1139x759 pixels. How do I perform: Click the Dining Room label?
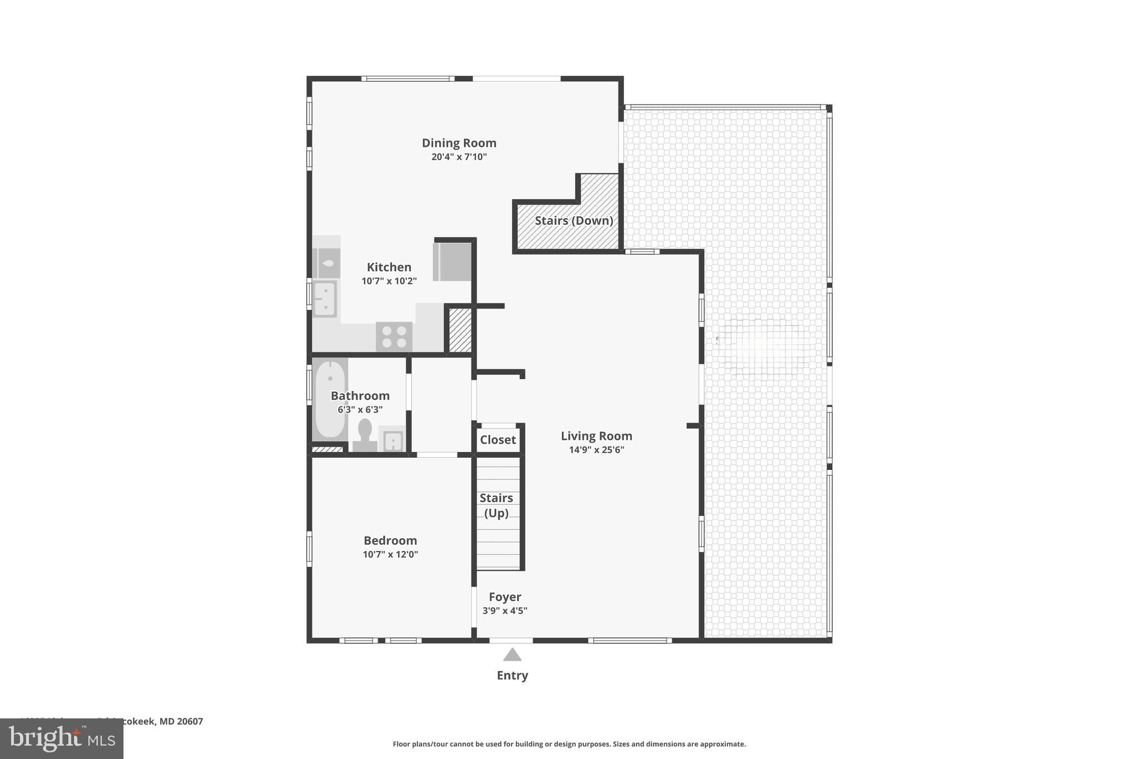click(x=459, y=143)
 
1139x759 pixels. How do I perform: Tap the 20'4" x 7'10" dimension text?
click(x=459, y=157)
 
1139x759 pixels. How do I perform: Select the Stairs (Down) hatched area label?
click(x=573, y=221)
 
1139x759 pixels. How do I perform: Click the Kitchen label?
click(x=389, y=267)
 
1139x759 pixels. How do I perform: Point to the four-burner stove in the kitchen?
click(x=394, y=336)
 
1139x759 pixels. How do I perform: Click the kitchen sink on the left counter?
click(x=324, y=299)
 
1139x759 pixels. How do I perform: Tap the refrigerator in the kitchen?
click(x=452, y=261)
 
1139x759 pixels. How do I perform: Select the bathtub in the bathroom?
click(x=330, y=399)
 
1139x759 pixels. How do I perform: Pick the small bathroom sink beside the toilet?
click(x=392, y=441)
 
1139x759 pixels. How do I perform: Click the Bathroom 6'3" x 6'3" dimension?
click(x=360, y=410)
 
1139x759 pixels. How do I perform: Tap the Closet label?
click(x=498, y=440)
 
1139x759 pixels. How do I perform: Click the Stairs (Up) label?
click(x=496, y=505)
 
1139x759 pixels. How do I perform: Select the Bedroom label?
click(x=390, y=540)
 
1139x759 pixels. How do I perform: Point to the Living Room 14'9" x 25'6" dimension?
click(x=596, y=450)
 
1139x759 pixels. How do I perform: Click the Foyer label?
click(x=504, y=597)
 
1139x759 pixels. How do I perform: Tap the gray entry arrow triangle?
click(x=512, y=656)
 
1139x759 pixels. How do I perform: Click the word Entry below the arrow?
click(x=512, y=675)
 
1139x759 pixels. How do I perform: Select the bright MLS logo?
click(x=62, y=738)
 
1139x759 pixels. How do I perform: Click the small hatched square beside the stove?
click(x=460, y=330)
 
